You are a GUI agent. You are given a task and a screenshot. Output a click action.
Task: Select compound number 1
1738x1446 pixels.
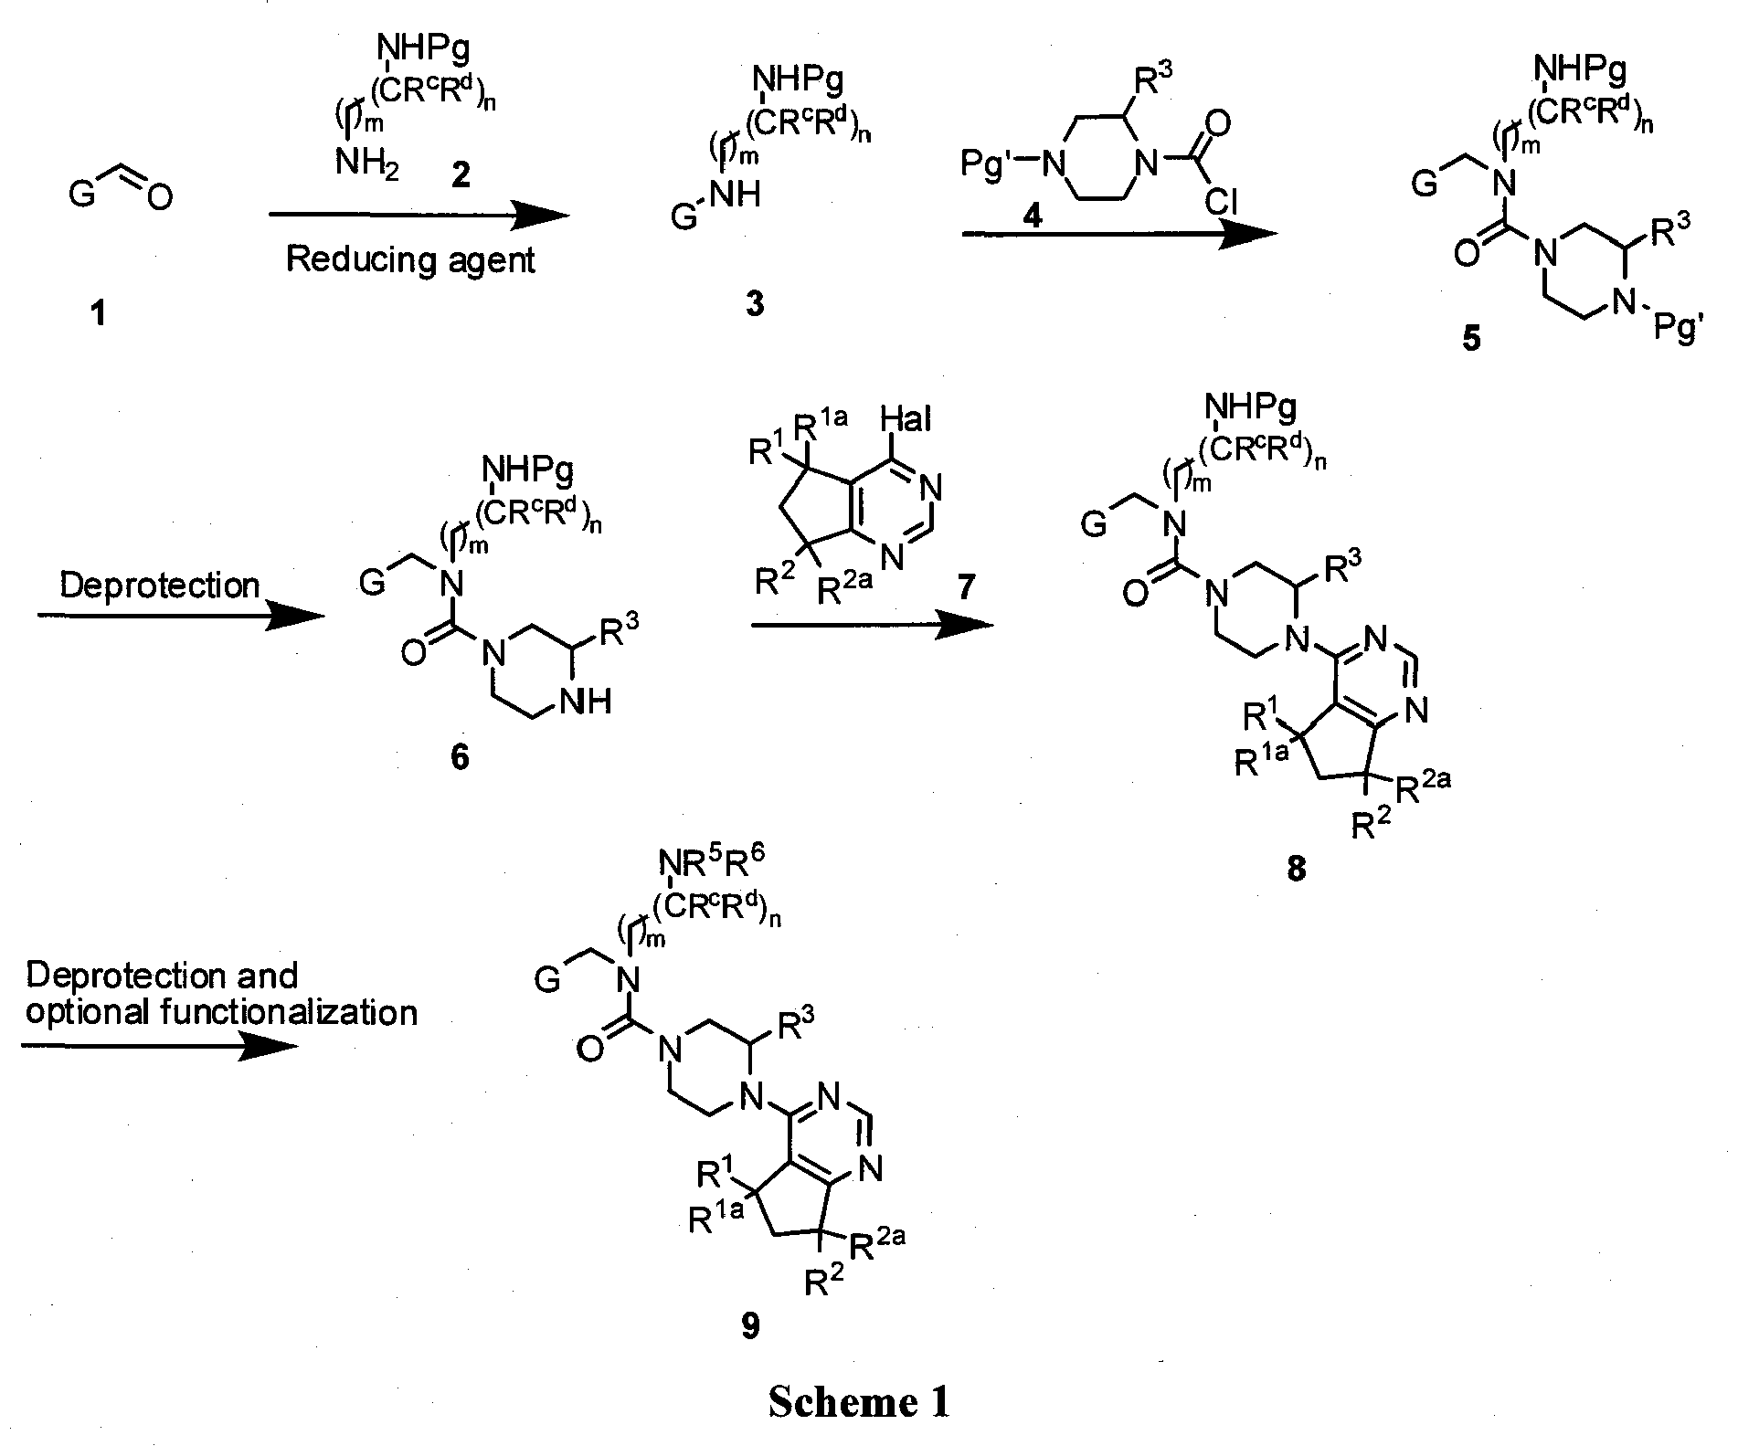95,315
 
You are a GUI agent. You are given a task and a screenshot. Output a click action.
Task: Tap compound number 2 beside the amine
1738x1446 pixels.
461,174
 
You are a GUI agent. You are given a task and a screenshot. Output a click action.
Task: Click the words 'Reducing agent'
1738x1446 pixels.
410,260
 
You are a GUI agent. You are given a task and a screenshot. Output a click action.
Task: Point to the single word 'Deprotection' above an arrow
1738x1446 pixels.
160,586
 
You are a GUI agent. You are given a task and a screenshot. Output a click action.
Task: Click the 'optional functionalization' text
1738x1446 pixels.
221,1012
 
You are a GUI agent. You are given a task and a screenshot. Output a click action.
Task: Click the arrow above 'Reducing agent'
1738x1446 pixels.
419,216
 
